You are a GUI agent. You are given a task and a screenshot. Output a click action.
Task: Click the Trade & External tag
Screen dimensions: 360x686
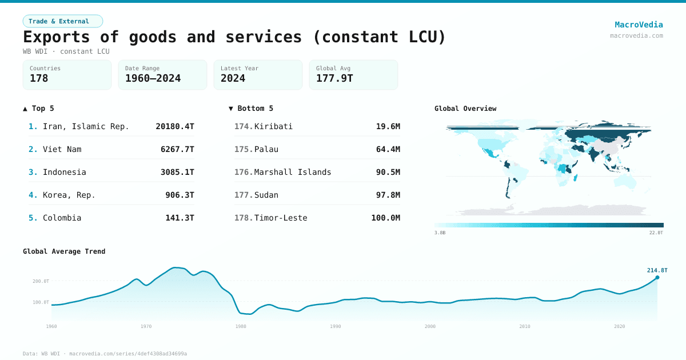pos(63,21)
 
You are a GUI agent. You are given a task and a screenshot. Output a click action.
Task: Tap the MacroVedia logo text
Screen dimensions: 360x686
pos(639,25)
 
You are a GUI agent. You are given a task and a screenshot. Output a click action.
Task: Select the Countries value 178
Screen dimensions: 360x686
pos(39,78)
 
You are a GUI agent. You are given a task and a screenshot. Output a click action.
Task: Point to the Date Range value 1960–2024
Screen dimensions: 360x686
pos(153,78)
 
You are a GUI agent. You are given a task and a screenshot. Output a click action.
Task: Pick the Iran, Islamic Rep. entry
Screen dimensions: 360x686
pos(86,126)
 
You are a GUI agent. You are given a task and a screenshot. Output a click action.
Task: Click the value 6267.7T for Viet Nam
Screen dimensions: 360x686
pos(177,149)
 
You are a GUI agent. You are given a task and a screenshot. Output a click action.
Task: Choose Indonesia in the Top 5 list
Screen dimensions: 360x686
pos(64,172)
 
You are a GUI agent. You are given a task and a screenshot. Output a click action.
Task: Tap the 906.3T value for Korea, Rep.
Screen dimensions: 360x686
pos(180,195)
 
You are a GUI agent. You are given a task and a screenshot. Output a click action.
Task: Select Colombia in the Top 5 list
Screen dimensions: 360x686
pos(62,218)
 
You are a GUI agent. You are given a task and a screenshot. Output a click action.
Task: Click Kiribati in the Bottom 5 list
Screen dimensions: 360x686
pos(273,126)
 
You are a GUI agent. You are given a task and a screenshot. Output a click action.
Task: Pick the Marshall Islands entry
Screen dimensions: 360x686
pos(293,172)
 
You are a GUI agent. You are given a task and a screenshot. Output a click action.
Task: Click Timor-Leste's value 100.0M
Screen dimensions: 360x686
pos(385,218)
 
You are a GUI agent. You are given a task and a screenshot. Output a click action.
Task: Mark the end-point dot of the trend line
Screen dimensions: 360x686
pos(657,278)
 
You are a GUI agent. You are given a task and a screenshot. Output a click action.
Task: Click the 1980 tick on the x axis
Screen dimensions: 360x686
pos(241,326)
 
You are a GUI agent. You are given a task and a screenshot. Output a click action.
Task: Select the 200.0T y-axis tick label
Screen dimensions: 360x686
pos(41,281)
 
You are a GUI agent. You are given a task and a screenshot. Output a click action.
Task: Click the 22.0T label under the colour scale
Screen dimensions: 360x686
pos(656,233)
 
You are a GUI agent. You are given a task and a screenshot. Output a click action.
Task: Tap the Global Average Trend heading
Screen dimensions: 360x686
pos(64,251)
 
